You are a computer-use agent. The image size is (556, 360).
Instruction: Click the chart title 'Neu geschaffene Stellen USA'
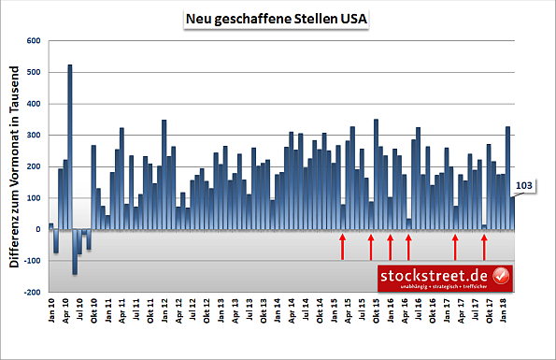(x=277, y=18)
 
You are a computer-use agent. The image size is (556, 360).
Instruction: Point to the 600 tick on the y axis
(x=35, y=41)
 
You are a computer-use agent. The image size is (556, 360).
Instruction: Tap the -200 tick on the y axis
(x=33, y=293)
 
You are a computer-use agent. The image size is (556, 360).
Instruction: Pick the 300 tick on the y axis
(x=35, y=136)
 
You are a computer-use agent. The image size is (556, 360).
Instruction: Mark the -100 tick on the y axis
(x=33, y=261)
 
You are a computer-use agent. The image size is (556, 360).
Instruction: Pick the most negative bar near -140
(x=75, y=252)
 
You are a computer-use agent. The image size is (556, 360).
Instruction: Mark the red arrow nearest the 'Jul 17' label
(x=484, y=247)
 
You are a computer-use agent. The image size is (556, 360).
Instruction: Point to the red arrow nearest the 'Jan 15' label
(x=343, y=247)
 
